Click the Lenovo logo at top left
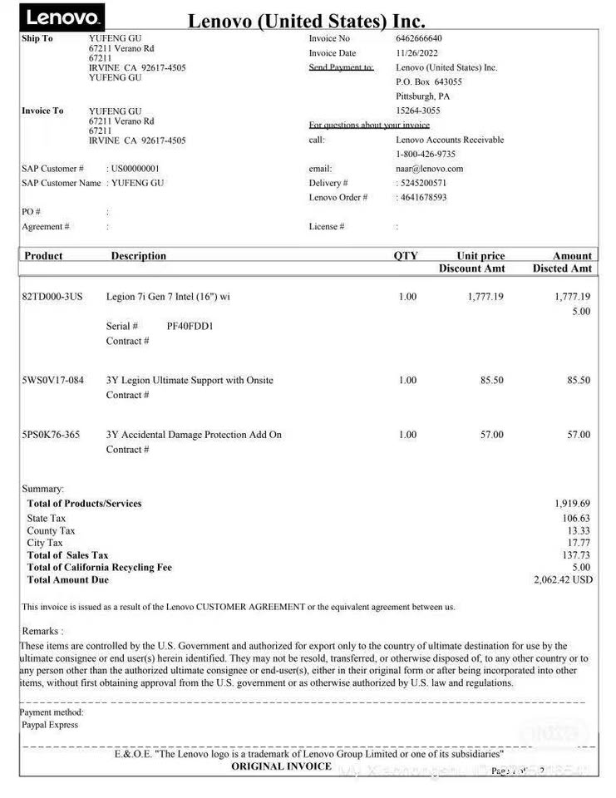pyautogui.click(x=62, y=17)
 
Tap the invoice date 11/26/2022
pyautogui.click(x=416, y=53)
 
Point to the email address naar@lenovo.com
pyautogui.click(x=429, y=169)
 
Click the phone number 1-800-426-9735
pyautogui.click(x=425, y=155)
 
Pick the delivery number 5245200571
pyautogui.click(x=423, y=183)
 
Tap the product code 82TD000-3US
pyautogui.click(x=52, y=297)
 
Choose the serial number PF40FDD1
pyautogui.click(x=190, y=326)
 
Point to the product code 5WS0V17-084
pyautogui.click(x=52, y=381)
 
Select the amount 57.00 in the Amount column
pyautogui.click(x=579, y=435)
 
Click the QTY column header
pyautogui.click(x=406, y=256)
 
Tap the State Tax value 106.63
pyautogui.click(x=576, y=519)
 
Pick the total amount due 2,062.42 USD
pyautogui.click(x=563, y=579)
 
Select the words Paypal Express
pyautogui.click(x=50, y=725)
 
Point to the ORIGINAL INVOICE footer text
pyautogui.click(x=281, y=766)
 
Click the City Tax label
pyautogui.click(x=45, y=543)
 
